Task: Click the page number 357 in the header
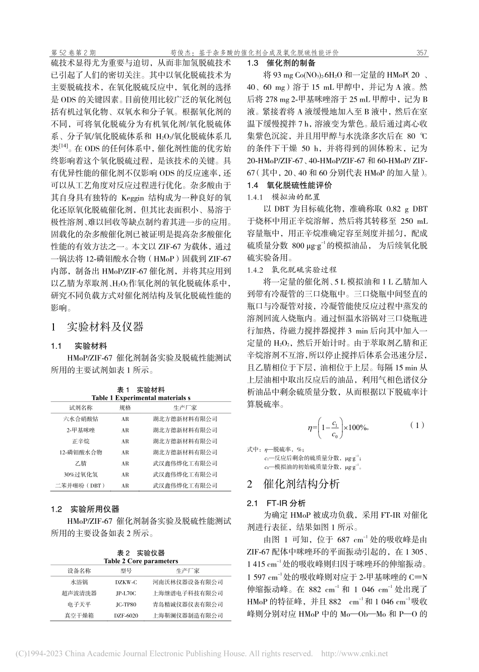pyautogui.click(x=422, y=53)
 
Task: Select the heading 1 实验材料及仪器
pyautogui.click(x=97, y=327)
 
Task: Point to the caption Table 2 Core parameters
pyautogui.click(x=141, y=561)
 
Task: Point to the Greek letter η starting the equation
pyautogui.click(x=311, y=428)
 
